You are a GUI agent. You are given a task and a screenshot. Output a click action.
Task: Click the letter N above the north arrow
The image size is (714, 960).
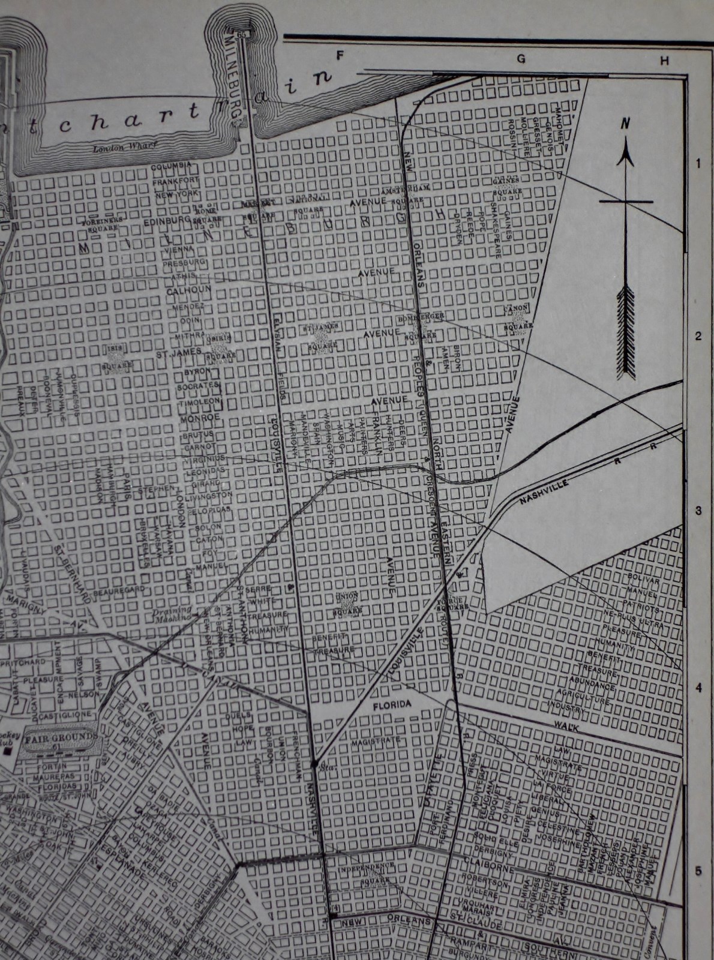click(x=625, y=124)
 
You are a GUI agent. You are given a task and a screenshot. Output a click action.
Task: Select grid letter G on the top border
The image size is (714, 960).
click(x=521, y=58)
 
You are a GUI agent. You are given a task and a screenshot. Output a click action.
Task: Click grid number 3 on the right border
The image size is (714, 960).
click(x=698, y=511)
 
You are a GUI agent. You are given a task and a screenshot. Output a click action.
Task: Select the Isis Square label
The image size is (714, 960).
click(x=116, y=356)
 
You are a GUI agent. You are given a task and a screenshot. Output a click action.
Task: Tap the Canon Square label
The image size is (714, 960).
click(x=518, y=319)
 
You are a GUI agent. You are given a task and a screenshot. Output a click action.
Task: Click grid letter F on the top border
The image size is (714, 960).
click(x=340, y=56)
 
